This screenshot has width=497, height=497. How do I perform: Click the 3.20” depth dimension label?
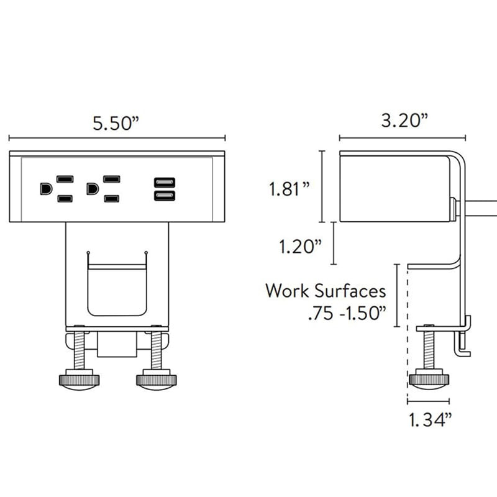[404, 121]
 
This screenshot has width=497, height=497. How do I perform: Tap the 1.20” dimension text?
[300, 247]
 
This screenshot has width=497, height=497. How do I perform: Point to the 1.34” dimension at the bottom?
[429, 420]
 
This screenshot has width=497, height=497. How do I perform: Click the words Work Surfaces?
[326, 291]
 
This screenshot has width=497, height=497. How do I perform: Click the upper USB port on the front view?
[164, 183]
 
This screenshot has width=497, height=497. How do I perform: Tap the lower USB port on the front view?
[164, 196]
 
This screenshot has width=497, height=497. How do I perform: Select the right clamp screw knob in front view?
[155, 380]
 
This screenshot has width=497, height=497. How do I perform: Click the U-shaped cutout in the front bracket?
[117, 289]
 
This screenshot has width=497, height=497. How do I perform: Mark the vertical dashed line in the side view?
[407, 335]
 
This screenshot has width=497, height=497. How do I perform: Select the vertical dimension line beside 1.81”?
[322, 186]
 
